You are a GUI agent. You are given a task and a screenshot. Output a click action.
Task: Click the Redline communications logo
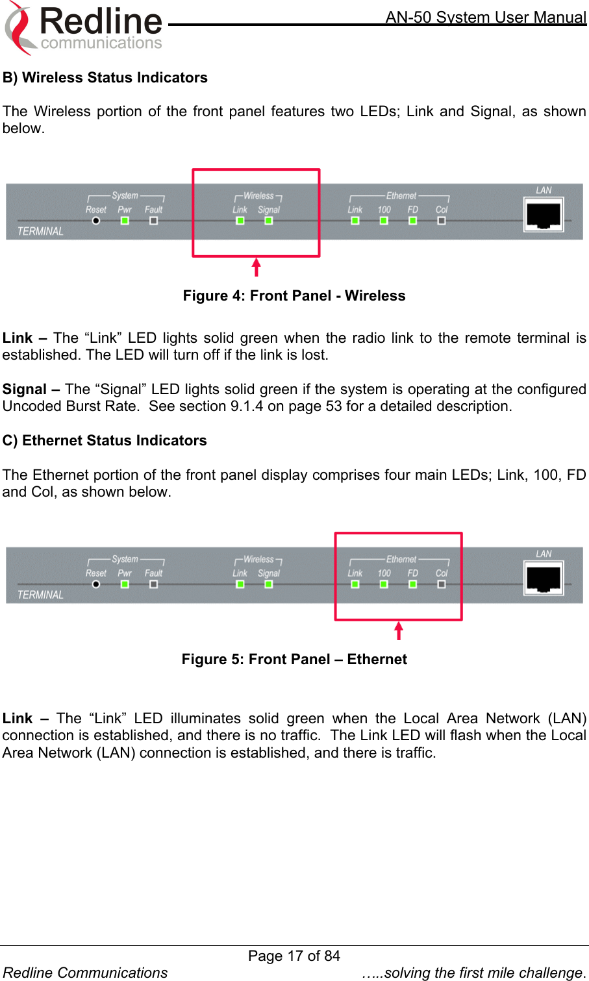tap(84, 28)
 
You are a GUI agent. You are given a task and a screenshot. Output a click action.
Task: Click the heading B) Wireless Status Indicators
tap(105, 78)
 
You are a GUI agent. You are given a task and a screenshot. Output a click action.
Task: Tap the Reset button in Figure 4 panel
tap(96, 221)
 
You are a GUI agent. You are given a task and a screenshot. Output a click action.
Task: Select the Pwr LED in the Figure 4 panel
tap(125, 221)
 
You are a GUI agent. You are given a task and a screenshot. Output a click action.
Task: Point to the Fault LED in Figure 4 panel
tap(153, 221)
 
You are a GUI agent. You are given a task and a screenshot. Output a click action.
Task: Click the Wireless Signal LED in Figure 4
tap(269, 221)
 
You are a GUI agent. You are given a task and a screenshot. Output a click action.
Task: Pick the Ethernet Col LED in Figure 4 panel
tap(442, 221)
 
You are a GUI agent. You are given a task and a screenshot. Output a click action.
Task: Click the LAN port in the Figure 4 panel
tap(544, 215)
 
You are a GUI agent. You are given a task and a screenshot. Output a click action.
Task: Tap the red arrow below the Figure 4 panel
tap(257, 267)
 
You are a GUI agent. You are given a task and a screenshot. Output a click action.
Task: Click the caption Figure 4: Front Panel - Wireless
tap(294, 296)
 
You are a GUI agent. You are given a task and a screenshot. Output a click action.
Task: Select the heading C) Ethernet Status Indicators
tap(105, 441)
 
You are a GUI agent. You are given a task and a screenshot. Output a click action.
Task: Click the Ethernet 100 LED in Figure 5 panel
tap(384, 584)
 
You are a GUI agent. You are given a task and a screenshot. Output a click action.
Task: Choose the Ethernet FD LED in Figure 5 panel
tap(412, 584)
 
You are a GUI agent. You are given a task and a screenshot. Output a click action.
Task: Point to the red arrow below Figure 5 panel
tap(399, 630)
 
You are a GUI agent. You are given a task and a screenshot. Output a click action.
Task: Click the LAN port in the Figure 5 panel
tap(544, 578)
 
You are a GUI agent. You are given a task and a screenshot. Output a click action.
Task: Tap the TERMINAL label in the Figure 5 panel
tap(40, 595)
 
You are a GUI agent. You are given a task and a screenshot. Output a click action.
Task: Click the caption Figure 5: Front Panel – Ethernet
tap(294, 660)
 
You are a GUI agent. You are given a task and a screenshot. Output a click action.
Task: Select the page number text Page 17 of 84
tap(294, 956)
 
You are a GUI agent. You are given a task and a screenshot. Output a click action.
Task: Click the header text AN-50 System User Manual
tap(486, 18)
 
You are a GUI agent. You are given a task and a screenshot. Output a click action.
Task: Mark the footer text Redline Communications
tap(85, 973)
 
